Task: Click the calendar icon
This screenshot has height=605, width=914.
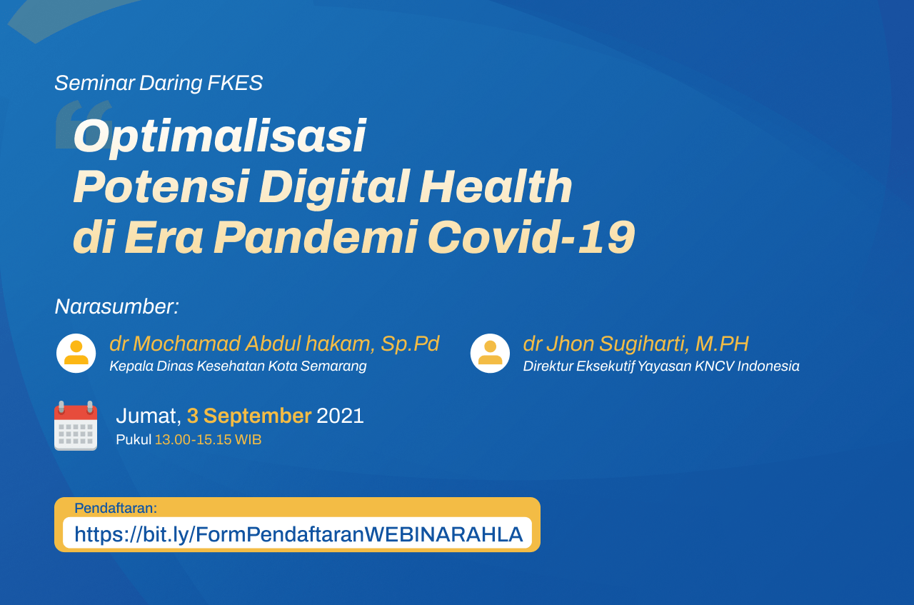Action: pos(76,426)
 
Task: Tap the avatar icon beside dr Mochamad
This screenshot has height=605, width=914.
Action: pos(76,353)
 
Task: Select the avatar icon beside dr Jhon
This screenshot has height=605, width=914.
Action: pos(490,353)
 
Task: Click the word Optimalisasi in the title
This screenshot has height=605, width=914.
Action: pos(219,136)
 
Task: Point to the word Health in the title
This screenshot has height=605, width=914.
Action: pos(496,186)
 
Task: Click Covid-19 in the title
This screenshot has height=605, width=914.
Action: pos(531,236)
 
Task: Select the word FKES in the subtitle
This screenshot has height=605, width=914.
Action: pos(235,83)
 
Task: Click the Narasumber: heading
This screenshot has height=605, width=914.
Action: pos(117,306)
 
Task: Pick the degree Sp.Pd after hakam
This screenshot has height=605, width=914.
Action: pos(410,344)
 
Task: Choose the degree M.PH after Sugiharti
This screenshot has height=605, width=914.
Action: pos(722,344)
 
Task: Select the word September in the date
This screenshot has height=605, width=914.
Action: pos(258,416)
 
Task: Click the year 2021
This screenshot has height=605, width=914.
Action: pos(340,416)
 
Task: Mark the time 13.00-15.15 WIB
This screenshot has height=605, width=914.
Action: pos(208,440)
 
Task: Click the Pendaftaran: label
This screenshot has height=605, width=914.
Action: pos(116,509)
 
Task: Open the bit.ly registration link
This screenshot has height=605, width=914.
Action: pos(298,534)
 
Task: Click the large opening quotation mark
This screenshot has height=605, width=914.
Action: pos(84,124)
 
